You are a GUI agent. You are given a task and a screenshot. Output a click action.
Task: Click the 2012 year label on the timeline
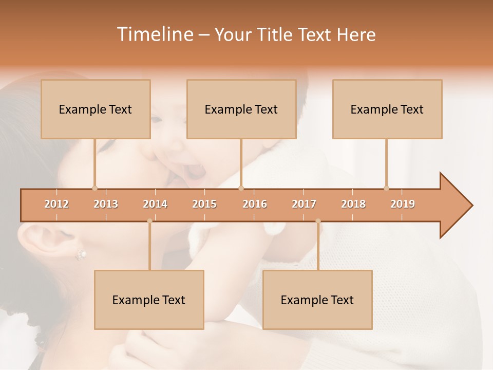coord(56,204)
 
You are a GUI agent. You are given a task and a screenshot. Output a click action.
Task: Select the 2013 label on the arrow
coord(106,204)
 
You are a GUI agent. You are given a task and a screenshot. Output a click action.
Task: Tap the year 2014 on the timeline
coord(155,204)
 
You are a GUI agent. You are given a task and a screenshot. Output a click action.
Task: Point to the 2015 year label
coord(204,204)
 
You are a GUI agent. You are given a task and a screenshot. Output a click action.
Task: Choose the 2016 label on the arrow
coord(255,204)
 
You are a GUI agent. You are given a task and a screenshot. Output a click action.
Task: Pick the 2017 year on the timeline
coord(304,204)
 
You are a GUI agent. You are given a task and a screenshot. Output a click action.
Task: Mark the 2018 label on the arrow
coord(353,204)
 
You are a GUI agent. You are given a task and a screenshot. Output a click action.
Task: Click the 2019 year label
coord(403,204)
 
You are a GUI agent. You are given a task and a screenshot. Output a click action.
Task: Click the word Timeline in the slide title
coord(154,34)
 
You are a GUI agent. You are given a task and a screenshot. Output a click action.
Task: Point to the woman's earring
coord(81,253)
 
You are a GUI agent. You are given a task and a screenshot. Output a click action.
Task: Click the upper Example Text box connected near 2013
coord(96,109)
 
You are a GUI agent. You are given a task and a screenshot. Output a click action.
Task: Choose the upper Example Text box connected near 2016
coord(241,109)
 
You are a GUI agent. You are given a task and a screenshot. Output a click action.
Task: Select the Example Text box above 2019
coord(387,109)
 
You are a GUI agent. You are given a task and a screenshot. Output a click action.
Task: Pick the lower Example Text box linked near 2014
coord(149,300)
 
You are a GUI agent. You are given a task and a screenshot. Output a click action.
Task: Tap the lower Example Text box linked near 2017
coord(317,300)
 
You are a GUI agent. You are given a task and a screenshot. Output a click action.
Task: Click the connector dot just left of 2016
coord(241,188)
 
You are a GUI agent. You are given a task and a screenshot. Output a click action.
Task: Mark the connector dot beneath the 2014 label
coord(149,221)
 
